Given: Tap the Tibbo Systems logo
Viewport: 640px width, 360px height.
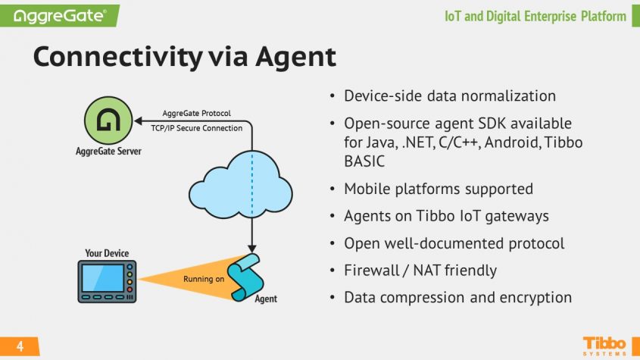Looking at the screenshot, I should point(604,344).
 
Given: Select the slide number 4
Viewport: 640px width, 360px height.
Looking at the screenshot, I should point(20,347).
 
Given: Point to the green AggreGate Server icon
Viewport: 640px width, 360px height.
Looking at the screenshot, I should point(105,122).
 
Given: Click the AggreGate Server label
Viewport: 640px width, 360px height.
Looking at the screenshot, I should point(107,151).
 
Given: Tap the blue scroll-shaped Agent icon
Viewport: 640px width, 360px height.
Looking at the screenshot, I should point(251,275).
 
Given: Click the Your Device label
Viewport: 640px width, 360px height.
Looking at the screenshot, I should point(107,253).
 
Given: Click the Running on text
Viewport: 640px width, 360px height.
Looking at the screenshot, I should point(204,279).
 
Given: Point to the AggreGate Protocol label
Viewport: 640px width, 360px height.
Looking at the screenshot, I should point(197,113).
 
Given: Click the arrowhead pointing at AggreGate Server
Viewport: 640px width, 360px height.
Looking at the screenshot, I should point(139,121).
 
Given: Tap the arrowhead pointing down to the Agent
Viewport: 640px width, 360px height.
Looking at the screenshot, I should point(251,249).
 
